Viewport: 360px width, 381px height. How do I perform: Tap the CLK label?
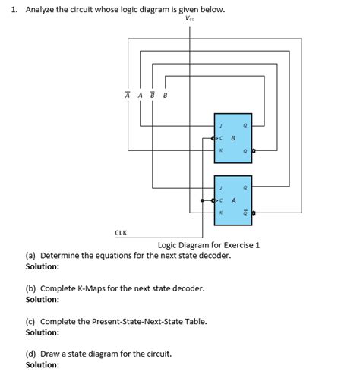(121, 233)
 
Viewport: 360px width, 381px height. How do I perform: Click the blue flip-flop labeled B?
(234, 137)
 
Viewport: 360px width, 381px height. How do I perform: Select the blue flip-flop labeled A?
(234, 200)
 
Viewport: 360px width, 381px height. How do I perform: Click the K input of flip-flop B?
(220, 150)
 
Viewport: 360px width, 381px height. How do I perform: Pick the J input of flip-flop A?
(220, 186)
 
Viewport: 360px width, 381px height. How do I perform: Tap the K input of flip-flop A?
(220, 213)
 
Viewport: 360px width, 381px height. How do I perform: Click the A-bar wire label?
(128, 95)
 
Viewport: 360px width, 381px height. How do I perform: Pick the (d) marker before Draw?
(30, 354)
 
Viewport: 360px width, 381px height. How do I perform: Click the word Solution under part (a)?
(43, 266)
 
